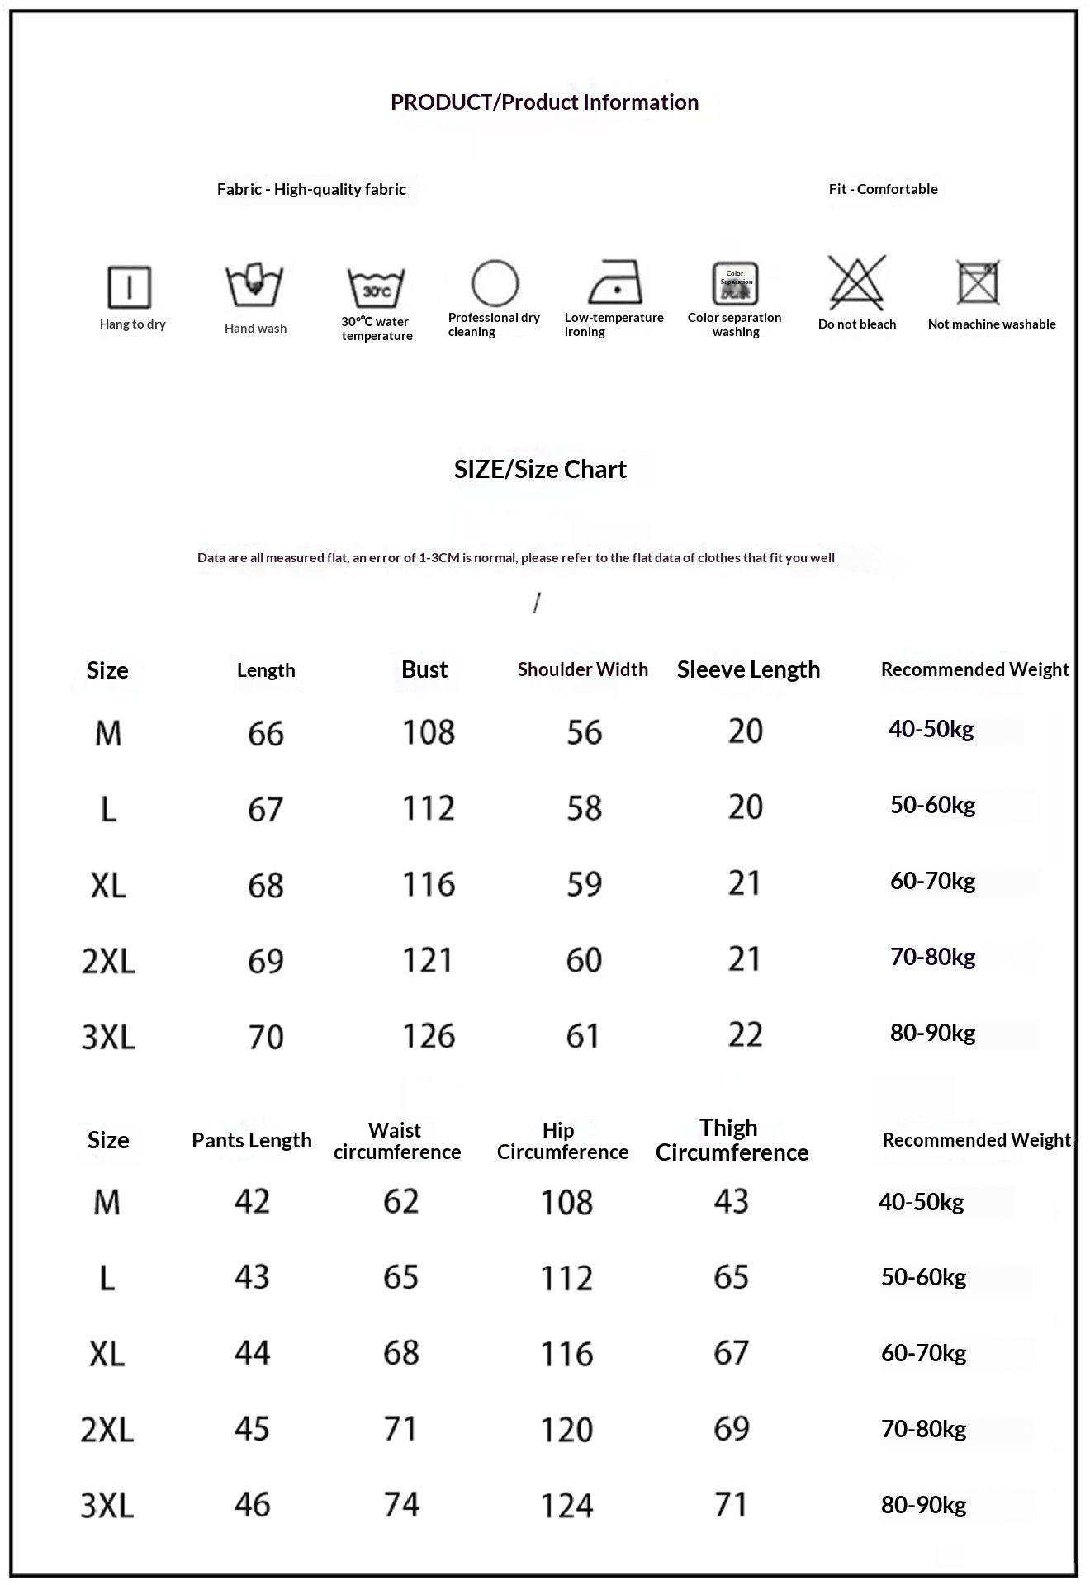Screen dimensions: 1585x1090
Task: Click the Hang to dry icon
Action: pos(130,286)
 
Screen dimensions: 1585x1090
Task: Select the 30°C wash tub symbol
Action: pos(376,287)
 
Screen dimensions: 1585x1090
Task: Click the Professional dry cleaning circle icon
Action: pos(495,283)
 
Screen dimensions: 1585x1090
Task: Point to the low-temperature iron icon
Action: pos(615,282)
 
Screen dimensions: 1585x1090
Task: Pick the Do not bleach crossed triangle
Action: pos(857,282)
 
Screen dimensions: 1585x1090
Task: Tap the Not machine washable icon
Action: pos(979,282)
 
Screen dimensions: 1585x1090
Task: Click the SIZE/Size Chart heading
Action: pos(540,470)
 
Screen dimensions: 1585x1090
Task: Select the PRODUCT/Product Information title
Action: pos(544,102)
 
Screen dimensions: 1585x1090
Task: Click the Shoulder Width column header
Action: pos(582,669)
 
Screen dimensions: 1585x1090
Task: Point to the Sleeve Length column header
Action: pos(748,669)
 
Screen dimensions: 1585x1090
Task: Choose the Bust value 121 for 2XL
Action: pos(428,960)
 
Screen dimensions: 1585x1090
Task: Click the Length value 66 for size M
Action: pos(265,733)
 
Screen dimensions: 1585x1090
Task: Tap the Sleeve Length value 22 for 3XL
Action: pos(745,1035)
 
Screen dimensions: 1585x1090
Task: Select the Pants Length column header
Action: pos(252,1140)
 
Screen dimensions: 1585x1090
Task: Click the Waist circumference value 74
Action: pos(401,1504)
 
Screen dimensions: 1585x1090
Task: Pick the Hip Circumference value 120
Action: pos(566,1429)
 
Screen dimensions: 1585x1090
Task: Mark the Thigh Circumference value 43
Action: pos(732,1201)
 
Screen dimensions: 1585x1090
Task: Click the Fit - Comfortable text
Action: pos(883,189)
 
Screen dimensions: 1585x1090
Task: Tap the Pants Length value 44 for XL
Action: pos(252,1353)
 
